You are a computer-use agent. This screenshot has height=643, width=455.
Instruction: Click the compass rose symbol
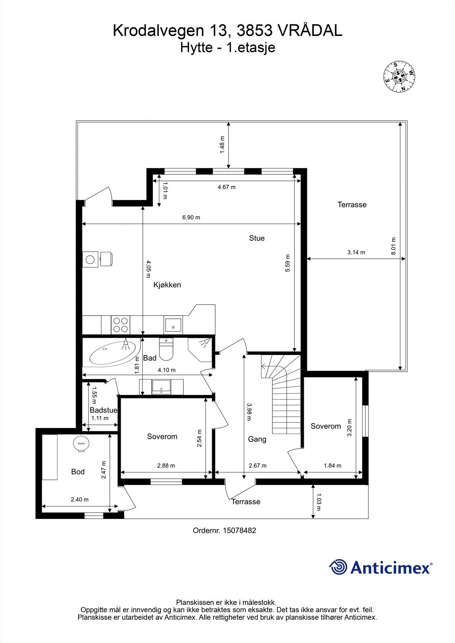point(399,76)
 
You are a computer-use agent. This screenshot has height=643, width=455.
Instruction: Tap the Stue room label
point(257,238)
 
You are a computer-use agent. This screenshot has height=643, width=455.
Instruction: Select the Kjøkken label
point(167,285)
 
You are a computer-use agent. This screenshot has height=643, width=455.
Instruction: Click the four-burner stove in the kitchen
point(121,325)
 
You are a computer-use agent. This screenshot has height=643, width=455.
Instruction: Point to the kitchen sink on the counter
point(173,325)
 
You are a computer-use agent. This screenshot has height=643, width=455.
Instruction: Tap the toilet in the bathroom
point(165,349)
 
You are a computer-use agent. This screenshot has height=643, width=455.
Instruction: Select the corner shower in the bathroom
point(200,346)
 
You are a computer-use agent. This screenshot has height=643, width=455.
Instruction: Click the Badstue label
point(103,410)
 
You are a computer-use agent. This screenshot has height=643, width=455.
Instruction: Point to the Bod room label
point(78,472)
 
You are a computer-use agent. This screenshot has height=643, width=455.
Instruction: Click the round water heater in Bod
point(82,444)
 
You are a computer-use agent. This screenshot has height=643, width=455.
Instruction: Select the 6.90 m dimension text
point(191,218)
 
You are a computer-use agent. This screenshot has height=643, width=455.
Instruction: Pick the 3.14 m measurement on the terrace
point(356,253)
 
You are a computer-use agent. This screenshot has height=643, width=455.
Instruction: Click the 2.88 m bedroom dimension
point(166,466)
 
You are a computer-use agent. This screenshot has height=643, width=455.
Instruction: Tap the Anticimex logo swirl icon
point(338,567)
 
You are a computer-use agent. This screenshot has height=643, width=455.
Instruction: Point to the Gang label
point(257,439)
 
